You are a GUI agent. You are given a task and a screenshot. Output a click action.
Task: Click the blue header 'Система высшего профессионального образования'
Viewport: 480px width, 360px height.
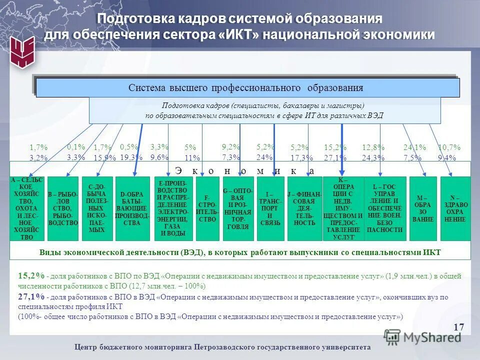tap(245, 88)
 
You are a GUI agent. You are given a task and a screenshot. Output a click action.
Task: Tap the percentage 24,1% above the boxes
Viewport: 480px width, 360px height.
tap(414, 147)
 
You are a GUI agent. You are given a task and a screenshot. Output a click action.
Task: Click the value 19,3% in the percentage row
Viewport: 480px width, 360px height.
tap(131, 157)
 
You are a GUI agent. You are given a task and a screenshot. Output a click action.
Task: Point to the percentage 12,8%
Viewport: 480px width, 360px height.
tap(373, 147)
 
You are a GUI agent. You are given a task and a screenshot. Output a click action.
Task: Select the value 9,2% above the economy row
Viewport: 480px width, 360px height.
tap(231, 147)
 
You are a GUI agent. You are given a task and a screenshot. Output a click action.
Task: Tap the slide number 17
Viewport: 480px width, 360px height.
tap(459, 327)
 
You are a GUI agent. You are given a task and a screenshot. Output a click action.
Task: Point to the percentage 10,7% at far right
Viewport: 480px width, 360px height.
tap(449, 147)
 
